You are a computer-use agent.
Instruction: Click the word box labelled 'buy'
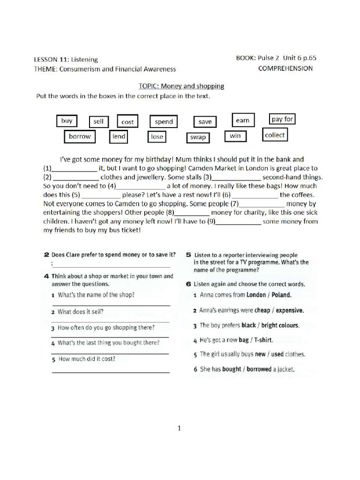point(67,121)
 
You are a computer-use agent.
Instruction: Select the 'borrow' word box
point(80,136)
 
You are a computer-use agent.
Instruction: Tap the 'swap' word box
point(197,137)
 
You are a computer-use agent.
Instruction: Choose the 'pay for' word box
point(282,119)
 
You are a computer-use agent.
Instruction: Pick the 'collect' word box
point(275,135)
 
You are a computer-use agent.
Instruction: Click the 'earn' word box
point(242,120)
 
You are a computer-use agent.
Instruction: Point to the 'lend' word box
point(119,136)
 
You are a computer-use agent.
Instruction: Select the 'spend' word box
point(164,122)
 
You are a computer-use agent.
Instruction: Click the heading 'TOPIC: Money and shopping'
point(181,86)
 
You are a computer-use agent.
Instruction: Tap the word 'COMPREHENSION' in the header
point(285,68)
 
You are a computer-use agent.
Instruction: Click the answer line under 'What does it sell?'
point(110,321)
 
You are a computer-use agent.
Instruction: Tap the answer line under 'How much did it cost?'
point(110,372)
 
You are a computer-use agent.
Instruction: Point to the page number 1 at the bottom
point(179,427)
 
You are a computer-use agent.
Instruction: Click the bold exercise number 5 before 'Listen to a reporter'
point(187,255)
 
